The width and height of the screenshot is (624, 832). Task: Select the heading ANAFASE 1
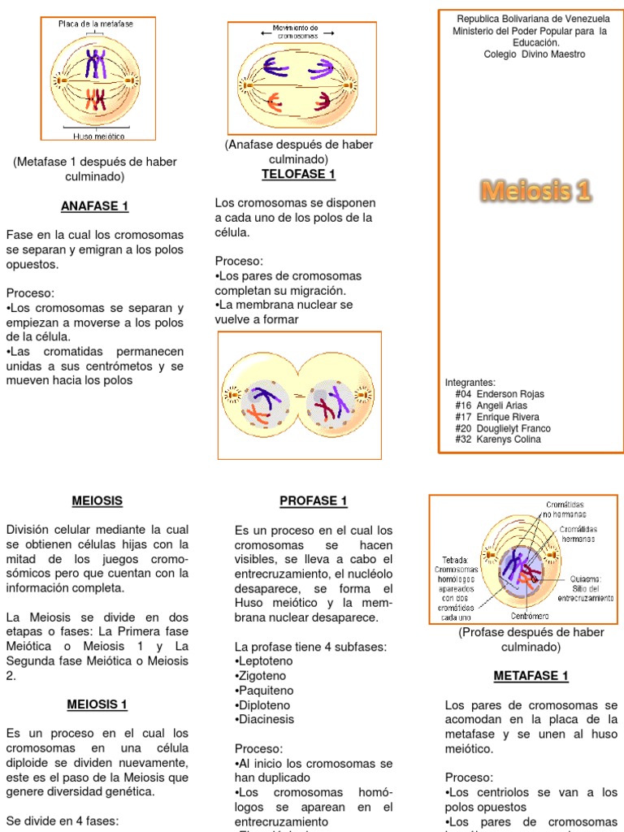[x=94, y=206]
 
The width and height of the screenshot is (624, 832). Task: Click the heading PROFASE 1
[x=314, y=501]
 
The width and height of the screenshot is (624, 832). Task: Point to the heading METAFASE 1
[x=531, y=676]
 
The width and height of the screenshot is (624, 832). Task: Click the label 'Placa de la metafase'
[x=96, y=24]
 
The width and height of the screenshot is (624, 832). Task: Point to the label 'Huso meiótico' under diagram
[x=94, y=136]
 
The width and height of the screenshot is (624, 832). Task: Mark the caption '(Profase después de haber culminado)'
[x=531, y=639]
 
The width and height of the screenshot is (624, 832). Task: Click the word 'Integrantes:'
[x=470, y=383]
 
